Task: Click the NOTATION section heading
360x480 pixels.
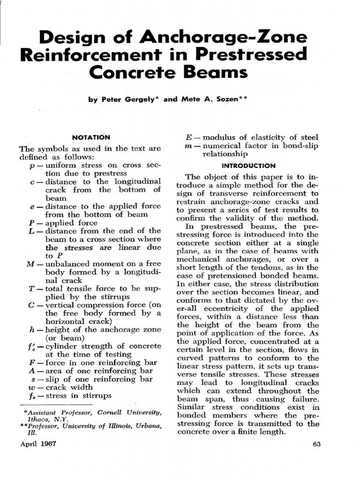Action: tap(91, 137)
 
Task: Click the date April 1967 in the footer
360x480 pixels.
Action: tap(37, 444)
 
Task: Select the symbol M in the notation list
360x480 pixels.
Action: tap(31, 264)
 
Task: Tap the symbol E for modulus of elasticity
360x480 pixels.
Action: tap(188, 137)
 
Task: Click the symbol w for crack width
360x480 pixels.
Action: tap(31, 387)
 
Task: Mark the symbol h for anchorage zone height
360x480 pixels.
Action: tap(31, 330)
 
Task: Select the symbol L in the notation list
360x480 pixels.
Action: tap(31, 231)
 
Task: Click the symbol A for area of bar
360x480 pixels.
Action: tap(31, 370)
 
